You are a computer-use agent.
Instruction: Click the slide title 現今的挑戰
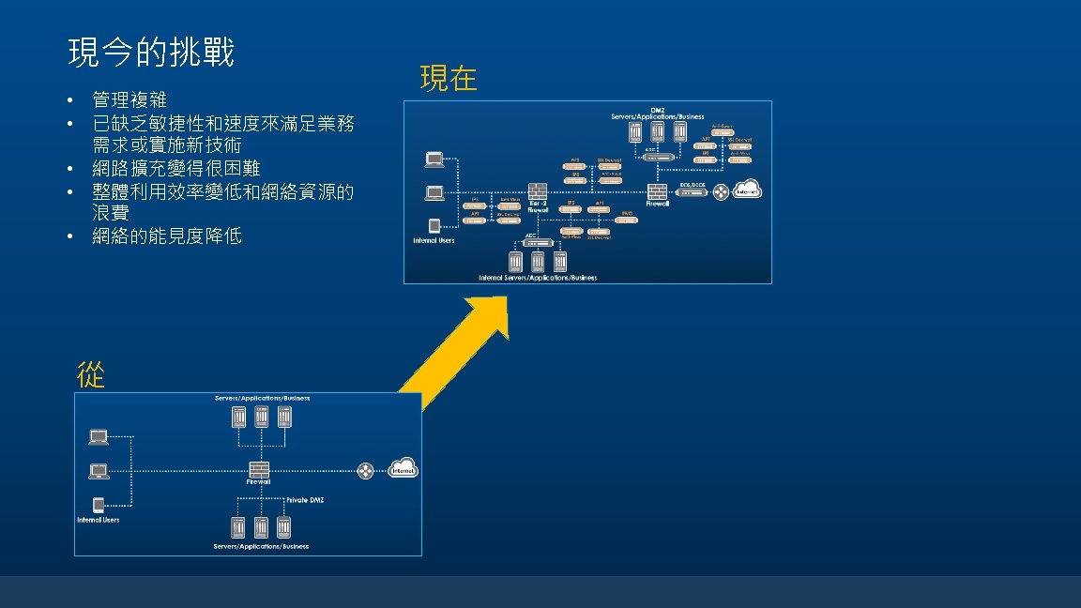(151, 53)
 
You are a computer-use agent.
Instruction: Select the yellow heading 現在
(449, 79)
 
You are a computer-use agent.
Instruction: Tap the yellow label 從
(90, 374)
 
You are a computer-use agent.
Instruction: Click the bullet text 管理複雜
(129, 99)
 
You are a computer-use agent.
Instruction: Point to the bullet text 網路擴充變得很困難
(175, 169)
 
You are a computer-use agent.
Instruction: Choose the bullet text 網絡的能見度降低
(167, 236)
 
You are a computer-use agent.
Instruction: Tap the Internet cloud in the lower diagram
(402, 467)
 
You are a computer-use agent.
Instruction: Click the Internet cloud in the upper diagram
(747, 190)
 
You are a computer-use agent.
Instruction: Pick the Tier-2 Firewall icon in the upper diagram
(538, 193)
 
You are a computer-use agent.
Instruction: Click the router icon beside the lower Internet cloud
(365, 469)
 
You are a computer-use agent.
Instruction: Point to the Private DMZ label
(304, 500)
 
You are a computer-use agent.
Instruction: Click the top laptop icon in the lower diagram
(98, 437)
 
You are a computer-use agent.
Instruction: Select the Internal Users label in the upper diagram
(434, 240)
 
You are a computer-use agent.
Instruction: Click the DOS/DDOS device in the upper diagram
(691, 192)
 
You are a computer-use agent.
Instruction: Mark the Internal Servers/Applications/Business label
(538, 278)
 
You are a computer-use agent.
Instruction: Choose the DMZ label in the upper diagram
(658, 110)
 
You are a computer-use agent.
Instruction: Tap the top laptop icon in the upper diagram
(434, 160)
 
